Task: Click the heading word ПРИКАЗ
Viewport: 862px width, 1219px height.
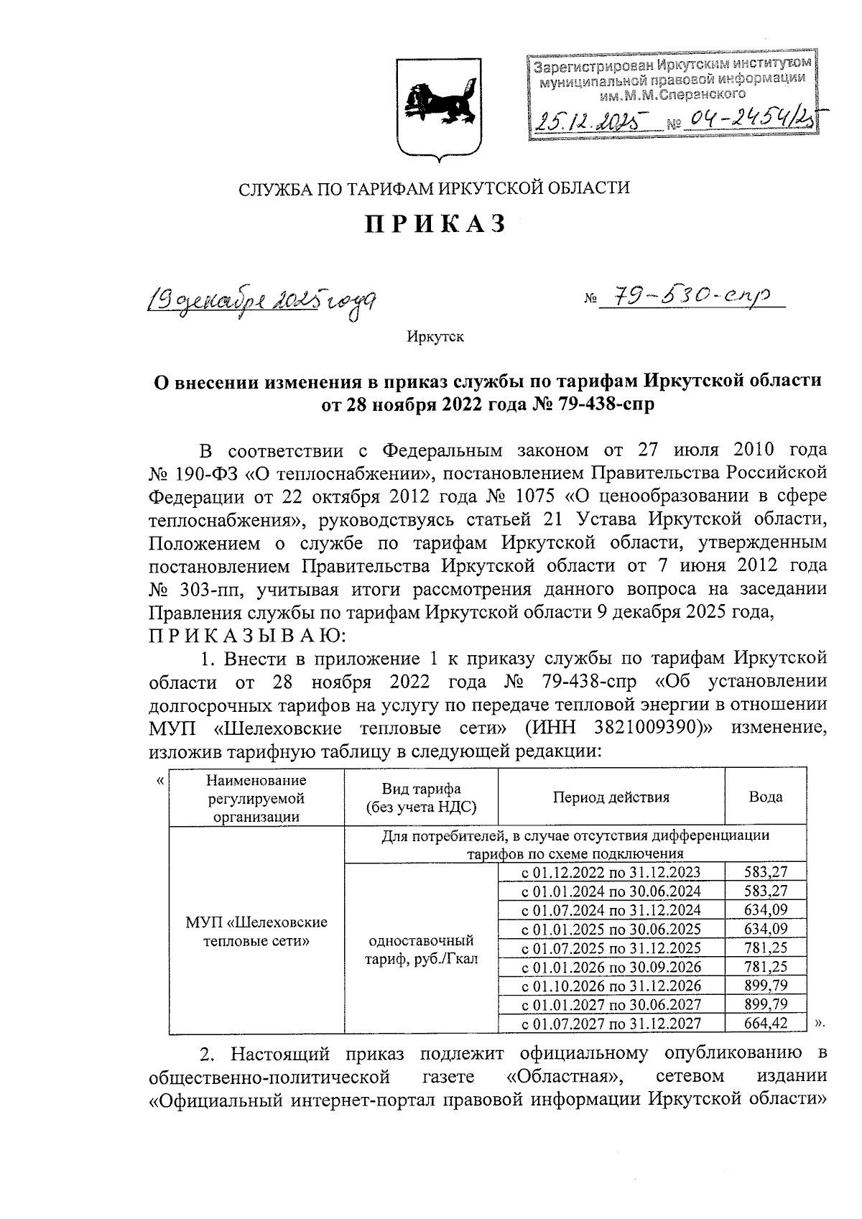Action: [435, 223]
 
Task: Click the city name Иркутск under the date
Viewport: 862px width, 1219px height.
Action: [435, 337]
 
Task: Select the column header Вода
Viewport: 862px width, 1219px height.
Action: [765, 797]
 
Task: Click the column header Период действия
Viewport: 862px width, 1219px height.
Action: [611, 797]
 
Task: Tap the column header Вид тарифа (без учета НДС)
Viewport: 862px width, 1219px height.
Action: [421, 797]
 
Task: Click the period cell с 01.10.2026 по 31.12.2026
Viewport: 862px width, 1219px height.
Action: [611, 985]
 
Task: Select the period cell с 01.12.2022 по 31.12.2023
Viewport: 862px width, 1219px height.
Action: [611, 873]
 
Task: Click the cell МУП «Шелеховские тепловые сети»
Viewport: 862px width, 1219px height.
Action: [256, 931]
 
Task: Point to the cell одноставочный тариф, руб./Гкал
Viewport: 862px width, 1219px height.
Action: [421, 950]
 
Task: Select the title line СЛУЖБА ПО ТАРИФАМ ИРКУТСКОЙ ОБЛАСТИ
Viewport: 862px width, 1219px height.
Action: [434, 189]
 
